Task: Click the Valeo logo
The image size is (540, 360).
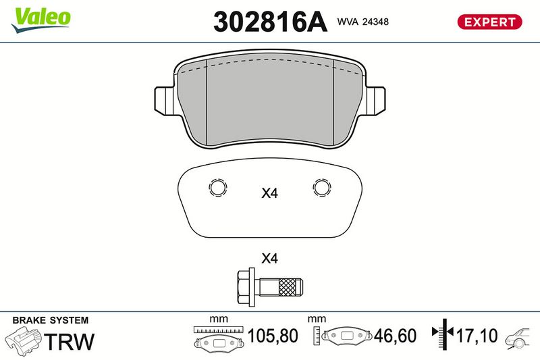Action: [41, 20]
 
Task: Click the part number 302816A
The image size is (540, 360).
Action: [270, 22]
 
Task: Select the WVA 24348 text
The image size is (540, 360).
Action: [363, 22]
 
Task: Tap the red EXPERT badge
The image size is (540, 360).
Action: [489, 22]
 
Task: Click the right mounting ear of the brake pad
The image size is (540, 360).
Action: [375, 100]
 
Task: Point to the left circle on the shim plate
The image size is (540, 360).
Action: [217, 188]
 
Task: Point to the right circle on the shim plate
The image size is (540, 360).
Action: [322, 188]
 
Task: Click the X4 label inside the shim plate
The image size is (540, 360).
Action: [269, 193]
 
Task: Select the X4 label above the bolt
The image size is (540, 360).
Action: [269, 258]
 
